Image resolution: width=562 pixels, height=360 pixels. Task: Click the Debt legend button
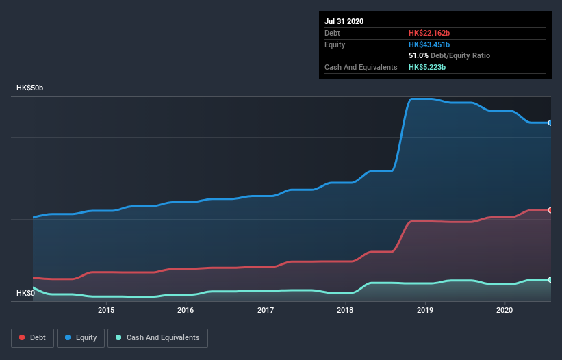tap(31, 337)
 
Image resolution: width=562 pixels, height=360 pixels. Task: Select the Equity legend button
tap(80, 337)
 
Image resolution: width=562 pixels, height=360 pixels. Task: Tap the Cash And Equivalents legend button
tap(157, 337)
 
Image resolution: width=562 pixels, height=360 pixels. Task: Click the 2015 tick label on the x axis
tap(106, 310)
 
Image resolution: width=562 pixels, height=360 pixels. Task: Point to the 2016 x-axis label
tap(186, 310)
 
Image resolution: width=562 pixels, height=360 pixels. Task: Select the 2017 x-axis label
tap(266, 310)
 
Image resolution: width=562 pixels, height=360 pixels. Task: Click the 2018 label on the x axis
tap(345, 310)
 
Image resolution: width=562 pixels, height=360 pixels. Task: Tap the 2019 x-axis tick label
tap(425, 310)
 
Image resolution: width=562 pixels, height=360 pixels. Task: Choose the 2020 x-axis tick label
tap(504, 310)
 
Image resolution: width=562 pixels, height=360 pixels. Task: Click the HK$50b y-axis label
tap(30, 88)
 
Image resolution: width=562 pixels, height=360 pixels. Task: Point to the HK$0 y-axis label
tap(25, 293)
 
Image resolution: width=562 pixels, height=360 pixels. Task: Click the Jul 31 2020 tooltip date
tap(344, 21)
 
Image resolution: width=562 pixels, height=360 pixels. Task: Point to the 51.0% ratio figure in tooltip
tap(419, 55)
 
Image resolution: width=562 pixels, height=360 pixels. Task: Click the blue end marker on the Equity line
tap(550, 123)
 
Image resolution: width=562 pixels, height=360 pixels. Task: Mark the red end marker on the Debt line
tap(550, 210)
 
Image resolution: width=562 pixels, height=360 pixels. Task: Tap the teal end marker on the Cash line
tap(550, 280)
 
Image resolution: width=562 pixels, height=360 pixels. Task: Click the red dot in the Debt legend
tap(23, 337)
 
